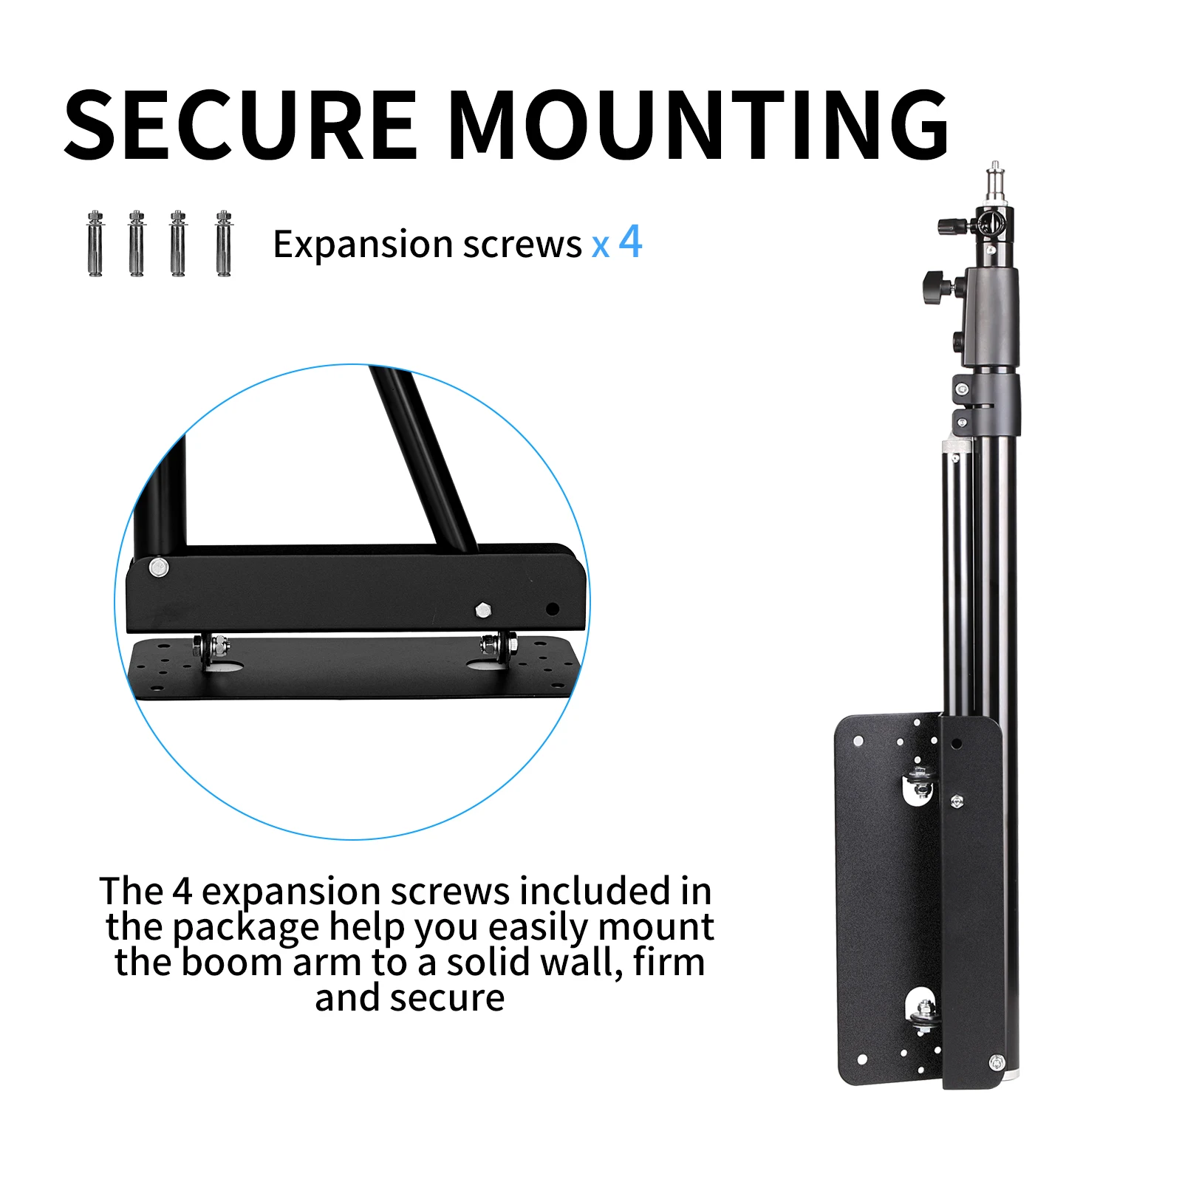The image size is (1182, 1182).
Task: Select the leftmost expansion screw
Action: [95, 244]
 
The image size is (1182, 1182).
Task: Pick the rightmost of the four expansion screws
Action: [224, 244]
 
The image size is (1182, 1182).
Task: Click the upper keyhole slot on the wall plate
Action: [919, 785]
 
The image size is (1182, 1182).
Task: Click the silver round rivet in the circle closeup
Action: [158, 567]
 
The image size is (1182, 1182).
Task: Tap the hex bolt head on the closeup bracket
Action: [483, 609]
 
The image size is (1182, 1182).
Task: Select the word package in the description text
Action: [246, 928]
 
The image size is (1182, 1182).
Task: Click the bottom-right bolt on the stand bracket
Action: [996, 1062]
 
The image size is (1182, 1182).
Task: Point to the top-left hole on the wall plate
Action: [858, 740]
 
